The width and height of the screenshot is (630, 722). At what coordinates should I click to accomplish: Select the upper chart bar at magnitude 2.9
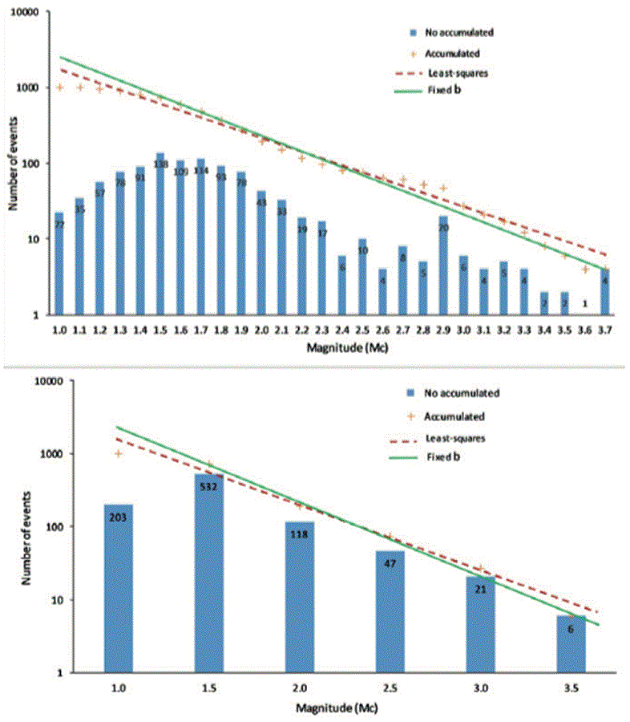click(x=443, y=265)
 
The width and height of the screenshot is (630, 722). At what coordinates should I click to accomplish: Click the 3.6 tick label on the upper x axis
click(x=585, y=329)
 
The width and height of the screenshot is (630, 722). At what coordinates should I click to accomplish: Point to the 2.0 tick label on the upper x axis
click(x=261, y=329)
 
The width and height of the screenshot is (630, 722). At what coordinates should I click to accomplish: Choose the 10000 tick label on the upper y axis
click(x=29, y=14)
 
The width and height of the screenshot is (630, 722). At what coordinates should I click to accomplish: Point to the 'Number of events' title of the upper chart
click(x=14, y=164)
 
